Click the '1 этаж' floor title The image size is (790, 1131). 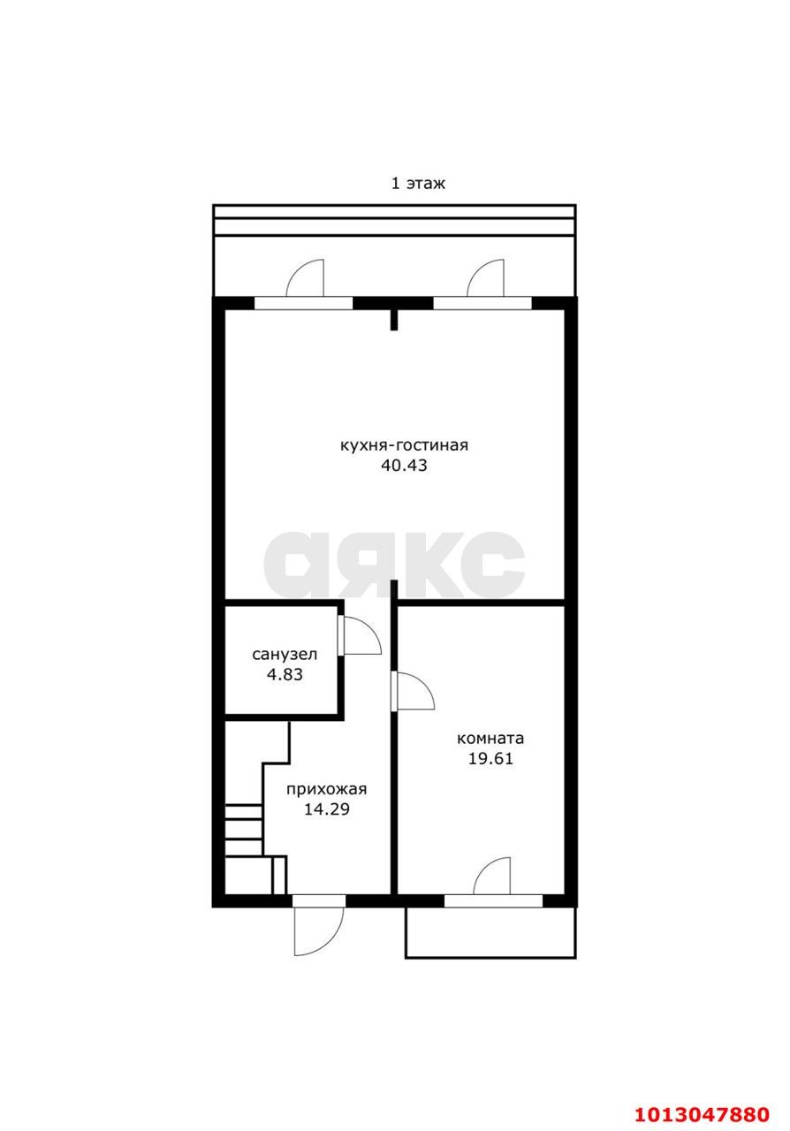click(x=418, y=183)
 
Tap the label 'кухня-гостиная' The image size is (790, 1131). click(x=404, y=445)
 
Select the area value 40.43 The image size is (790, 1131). click(x=404, y=465)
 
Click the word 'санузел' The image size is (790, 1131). click(x=285, y=655)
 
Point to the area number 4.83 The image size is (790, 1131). click(x=285, y=674)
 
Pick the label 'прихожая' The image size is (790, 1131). click(x=326, y=789)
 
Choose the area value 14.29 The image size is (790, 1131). click(x=327, y=809)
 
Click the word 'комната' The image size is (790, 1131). click(x=490, y=739)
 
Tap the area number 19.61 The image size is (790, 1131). click(x=490, y=759)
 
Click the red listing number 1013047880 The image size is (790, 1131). click(x=703, y=1110)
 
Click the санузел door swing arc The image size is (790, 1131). click(x=361, y=634)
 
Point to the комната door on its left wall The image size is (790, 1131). click(x=414, y=691)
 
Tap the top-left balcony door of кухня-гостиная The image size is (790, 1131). click(x=305, y=277)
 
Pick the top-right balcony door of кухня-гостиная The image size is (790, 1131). click(x=485, y=277)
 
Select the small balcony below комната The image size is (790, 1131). click(x=490, y=932)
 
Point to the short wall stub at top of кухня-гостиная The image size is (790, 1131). click(x=394, y=319)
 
